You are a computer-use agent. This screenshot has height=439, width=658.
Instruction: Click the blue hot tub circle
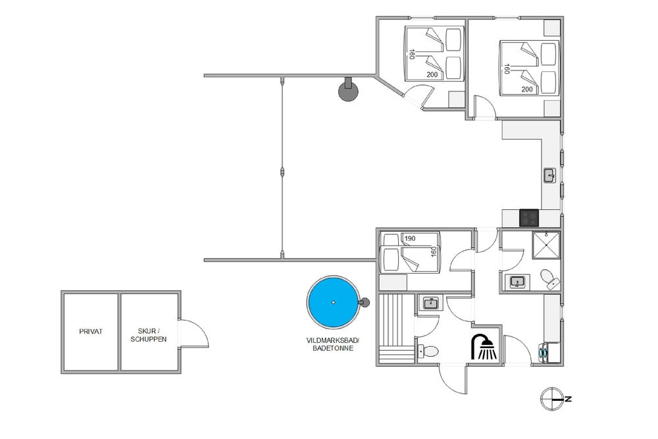[x=333, y=302]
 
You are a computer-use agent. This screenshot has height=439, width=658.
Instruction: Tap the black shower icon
[x=484, y=347]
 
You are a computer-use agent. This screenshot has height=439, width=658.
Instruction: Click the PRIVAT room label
[x=91, y=332]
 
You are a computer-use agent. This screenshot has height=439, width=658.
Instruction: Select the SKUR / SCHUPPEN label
[x=149, y=335]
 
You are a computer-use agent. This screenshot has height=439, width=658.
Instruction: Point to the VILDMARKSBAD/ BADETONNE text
[x=333, y=344]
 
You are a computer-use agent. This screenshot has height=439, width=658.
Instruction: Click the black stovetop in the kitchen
[x=529, y=218]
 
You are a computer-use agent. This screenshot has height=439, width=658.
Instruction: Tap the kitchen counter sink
[x=549, y=175]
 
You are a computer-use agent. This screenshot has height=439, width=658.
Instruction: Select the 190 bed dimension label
[x=409, y=238]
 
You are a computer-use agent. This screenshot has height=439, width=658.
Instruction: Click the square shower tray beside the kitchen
[x=546, y=245]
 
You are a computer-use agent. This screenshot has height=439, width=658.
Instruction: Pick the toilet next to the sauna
[x=428, y=351]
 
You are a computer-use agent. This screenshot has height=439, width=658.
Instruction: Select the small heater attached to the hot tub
[x=365, y=301]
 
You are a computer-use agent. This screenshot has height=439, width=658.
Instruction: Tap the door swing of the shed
[x=193, y=334]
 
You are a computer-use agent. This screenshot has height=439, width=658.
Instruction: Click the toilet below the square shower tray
[x=549, y=279]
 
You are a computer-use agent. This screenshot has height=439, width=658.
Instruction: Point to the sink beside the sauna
[x=431, y=303]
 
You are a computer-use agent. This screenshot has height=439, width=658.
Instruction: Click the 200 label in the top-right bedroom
[x=526, y=90]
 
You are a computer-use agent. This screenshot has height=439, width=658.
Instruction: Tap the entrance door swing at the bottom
[x=453, y=380]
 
